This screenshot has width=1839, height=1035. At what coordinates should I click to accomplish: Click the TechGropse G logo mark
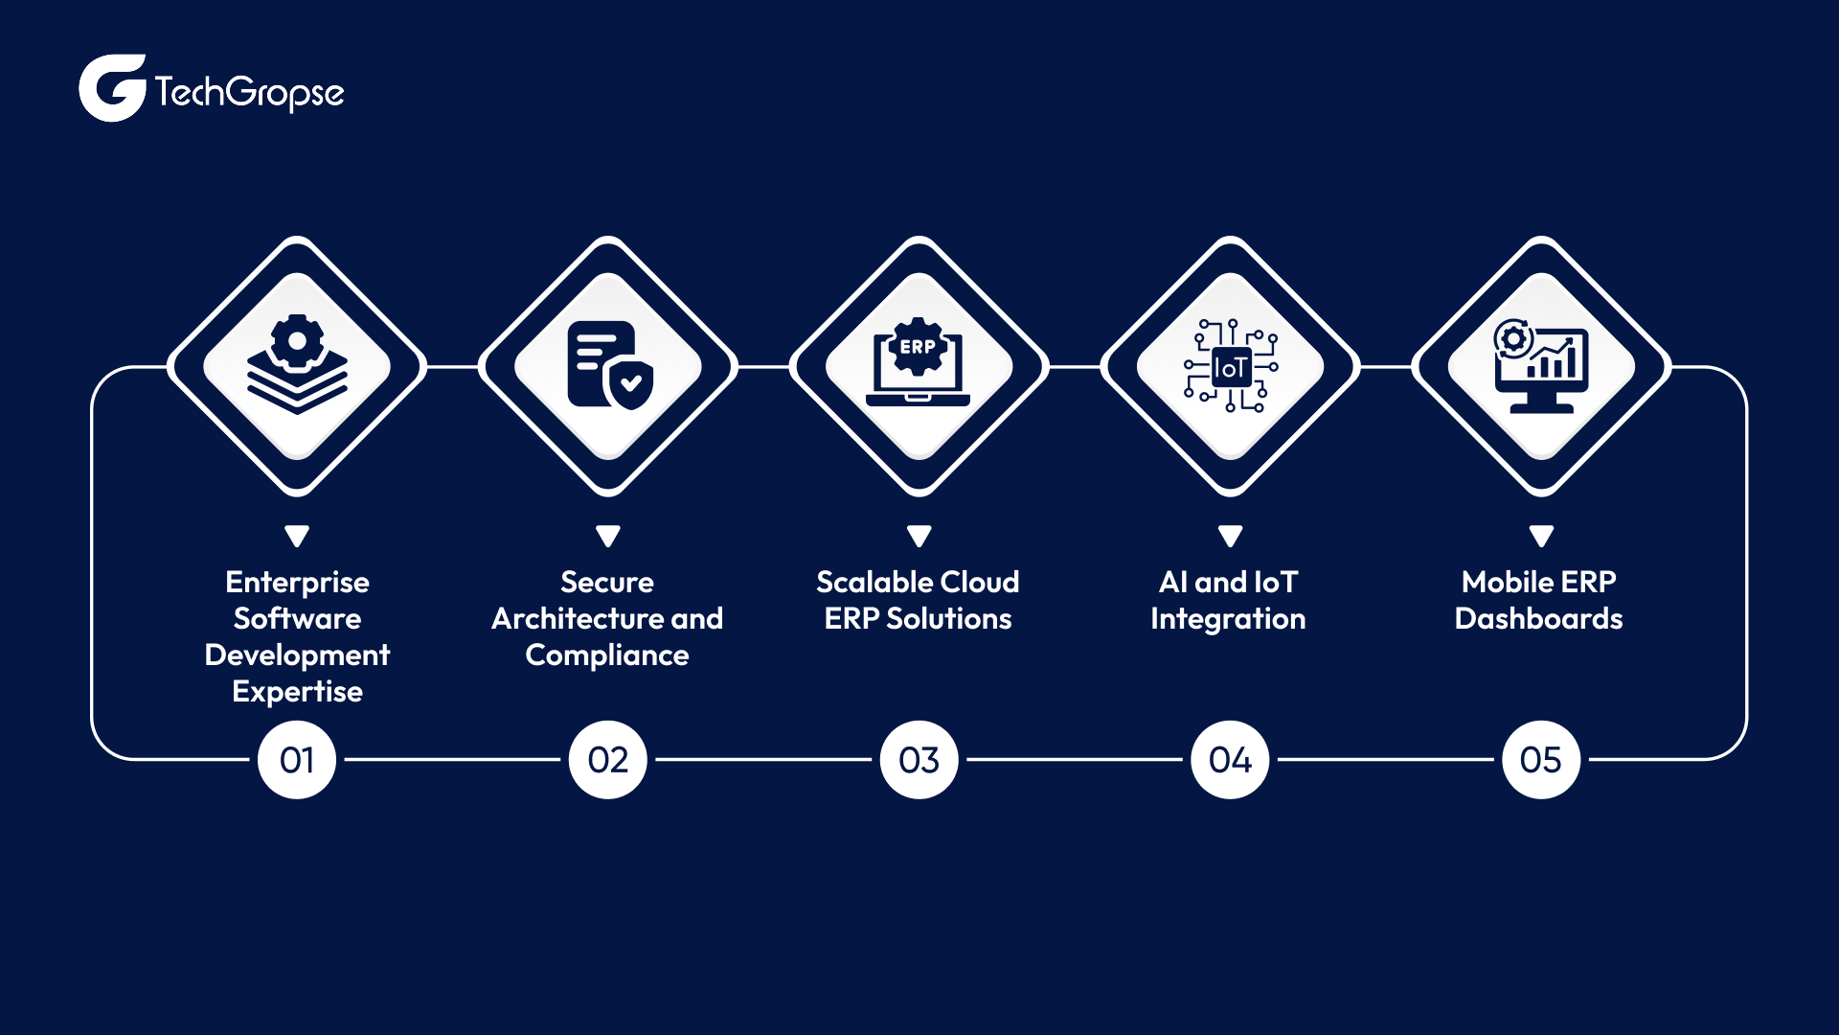click(111, 88)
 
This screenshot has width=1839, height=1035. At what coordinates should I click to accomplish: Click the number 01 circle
click(297, 760)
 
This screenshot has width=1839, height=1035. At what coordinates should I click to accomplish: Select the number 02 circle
click(608, 760)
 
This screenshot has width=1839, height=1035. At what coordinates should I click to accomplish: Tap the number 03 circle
click(919, 760)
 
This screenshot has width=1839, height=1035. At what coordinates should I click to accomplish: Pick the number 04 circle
click(1230, 760)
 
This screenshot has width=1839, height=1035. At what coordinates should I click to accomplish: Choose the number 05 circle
click(1540, 760)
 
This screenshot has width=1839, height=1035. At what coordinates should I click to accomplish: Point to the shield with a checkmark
click(630, 384)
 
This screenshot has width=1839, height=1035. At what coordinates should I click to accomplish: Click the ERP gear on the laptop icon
click(918, 347)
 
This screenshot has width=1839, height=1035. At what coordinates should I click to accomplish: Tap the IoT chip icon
click(1231, 367)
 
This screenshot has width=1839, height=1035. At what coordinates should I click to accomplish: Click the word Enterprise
click(297, 582)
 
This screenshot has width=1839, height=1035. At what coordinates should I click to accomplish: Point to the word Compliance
click(607, 655)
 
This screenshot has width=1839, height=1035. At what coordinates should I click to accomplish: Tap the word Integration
click(1228, 619)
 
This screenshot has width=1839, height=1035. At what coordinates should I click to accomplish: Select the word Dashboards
click(1538, 619)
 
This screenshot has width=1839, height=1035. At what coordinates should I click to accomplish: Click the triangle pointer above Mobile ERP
click(1541, 536)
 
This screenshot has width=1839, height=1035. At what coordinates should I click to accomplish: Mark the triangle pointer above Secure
click(608, 536)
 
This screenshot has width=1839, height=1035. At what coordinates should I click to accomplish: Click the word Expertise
click(297, 692)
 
